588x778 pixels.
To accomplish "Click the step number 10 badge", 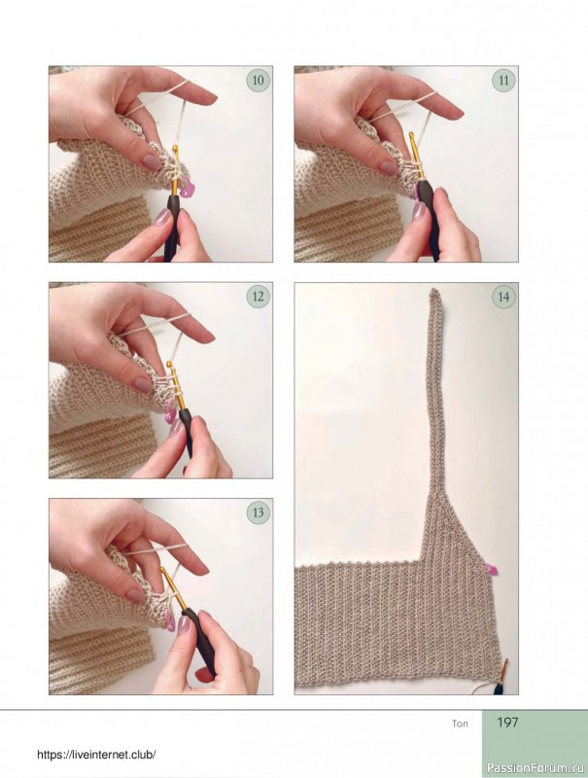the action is [x=259, y=81].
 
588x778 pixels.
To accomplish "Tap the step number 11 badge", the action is [x=504, y=81].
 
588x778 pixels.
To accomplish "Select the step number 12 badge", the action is [x=259, y=297].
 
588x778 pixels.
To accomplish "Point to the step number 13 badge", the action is [x=259, y=513].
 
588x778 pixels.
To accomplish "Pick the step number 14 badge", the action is [x=504, y=297].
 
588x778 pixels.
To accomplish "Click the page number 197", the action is [x=507, y=723].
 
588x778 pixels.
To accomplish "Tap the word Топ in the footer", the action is [x=460, y=724].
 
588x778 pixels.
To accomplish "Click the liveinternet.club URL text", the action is [x=96, y=755].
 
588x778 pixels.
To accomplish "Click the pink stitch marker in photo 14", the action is [x=493, y=569].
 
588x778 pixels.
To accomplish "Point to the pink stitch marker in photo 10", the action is [x=187, y=188].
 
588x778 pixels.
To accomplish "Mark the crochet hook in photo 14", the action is [x=502, y=677].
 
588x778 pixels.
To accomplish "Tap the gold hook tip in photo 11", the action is [x=411, y=134].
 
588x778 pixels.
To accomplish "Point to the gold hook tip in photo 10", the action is [x=175, y=148].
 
